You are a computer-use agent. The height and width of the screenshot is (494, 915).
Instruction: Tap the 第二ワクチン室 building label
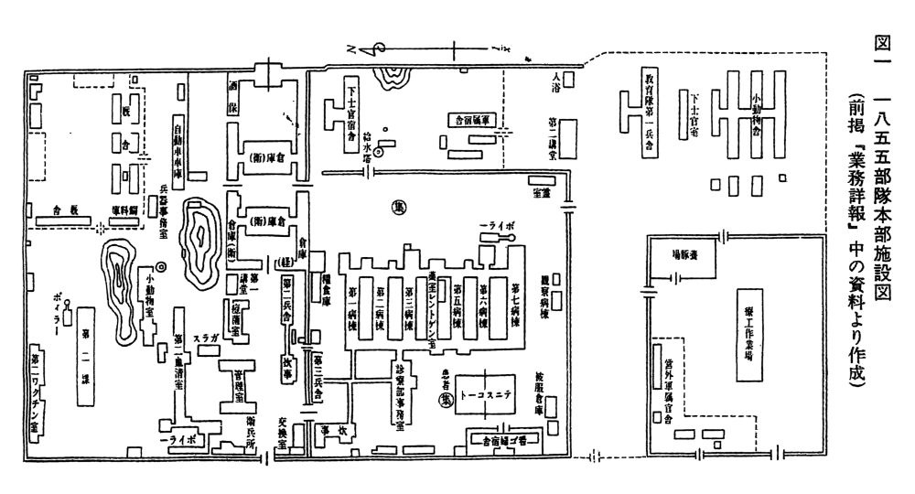click(36, 390)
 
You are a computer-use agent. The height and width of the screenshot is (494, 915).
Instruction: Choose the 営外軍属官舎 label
click(668, 390)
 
